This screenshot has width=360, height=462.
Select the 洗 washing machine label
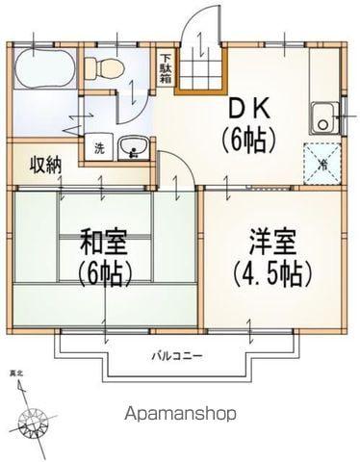click(x=99, y=148)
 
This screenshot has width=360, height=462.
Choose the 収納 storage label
click(x=44, y=164)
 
